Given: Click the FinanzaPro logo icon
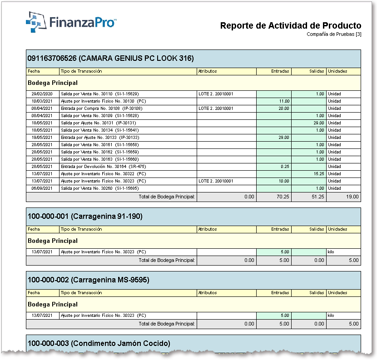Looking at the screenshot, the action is pyautogui.click(x=36, y=22).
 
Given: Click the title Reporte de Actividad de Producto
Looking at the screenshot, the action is pyautogui.click(x=291, y=25).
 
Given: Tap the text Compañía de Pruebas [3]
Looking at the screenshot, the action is pyautogui.click(x=334, y=34).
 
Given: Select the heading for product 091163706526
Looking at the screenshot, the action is pyautogui.click(x=110, y=58).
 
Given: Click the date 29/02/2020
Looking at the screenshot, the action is pyautogui.click(x=42, y=94).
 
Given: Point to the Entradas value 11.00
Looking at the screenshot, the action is pyautogui.click(x=284, y=101).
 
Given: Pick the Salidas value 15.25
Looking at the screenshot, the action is pyautogui.click(x=319, y=174).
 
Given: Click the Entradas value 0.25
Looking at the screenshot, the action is pyautogui.click(x=285, y=167).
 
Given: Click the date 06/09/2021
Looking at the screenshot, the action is pyautogui.click(x=42, y=188).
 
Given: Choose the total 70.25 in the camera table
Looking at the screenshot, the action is pyautogui.click(x=283, y=197).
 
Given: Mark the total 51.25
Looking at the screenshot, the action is pyautogui.click(x=318, y=197).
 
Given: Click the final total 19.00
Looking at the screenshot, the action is pyautogui.click(x=352, y=197).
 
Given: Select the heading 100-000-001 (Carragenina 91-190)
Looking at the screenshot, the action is pyautogui.click(x=85, y=216).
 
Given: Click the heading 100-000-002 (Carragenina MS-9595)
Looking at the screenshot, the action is pyautogui.click(x=89, y=280).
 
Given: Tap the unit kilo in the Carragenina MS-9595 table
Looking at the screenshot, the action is pyautogui.click(x=331, y=316).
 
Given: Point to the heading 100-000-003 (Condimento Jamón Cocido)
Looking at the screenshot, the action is pyautogui.click(x=99, y=343).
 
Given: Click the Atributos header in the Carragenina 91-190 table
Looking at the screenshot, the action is pyautogui.click(x=208, y=229).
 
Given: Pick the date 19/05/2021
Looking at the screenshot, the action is pyautogui.click(x=42, y=138).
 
